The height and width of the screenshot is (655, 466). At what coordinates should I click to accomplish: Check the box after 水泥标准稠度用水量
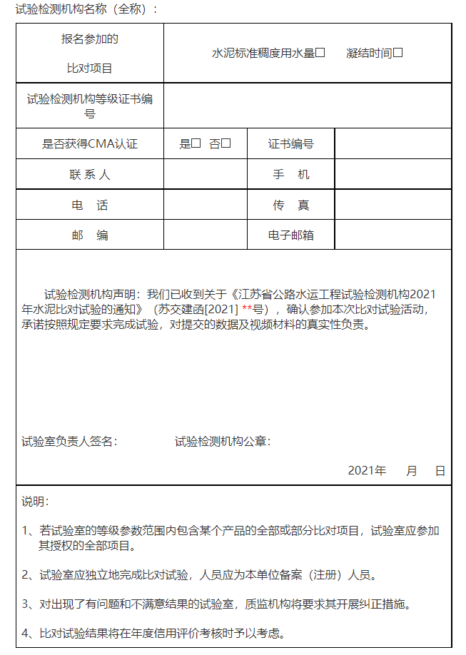coord(320,53)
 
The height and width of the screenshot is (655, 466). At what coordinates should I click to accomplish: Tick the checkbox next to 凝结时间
coord(398,53)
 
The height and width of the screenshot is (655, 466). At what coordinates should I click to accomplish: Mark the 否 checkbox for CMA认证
coord(226,143)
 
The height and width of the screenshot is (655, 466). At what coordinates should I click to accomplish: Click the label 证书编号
coord(291,143)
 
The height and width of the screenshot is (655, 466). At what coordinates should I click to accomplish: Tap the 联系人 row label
coord(90,175)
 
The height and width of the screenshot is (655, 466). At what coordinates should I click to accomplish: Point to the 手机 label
coord(291,175)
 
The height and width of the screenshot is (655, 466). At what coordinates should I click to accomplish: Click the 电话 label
coord(90,205)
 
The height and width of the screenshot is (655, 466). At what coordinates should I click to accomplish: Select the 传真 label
coord(291,205)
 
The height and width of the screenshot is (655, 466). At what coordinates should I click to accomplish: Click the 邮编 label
coord(90,235)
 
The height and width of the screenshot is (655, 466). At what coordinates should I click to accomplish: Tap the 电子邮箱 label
coord(291,235)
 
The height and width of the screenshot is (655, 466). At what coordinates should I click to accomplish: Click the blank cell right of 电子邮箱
coord(392,235)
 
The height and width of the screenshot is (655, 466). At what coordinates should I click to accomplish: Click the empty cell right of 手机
coord(392,175)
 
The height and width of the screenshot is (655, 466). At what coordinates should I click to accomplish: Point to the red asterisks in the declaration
coord(247,310)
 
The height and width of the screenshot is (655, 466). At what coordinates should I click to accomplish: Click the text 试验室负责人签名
coord(69,442)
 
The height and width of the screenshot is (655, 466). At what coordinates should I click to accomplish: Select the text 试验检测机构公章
coord(223,442)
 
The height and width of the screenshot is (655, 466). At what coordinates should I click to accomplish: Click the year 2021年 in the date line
coord(367,471)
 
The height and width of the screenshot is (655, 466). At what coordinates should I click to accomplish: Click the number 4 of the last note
coord(25,633)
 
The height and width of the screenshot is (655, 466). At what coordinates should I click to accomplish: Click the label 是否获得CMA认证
coord(90,143)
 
